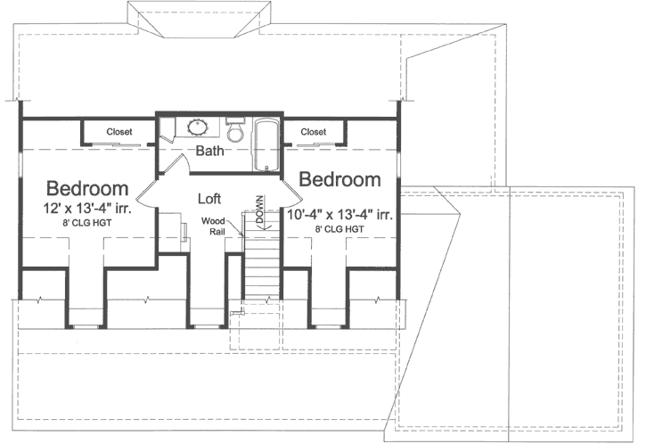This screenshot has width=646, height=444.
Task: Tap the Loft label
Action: point(209,198)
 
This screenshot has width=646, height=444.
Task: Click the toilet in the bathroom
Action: point(235,131)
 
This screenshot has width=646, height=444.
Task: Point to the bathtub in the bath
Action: point(265,144)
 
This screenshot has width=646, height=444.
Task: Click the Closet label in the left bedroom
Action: point(119,132)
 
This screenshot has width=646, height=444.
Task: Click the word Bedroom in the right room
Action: point(339,180)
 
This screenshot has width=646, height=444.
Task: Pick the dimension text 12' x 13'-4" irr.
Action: point(87,210)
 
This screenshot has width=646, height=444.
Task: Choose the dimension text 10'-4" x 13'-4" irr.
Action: point(341,214)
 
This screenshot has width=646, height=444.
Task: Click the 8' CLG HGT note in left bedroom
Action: point(87,228)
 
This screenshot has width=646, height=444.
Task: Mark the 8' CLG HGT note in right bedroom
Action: point(339,229)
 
